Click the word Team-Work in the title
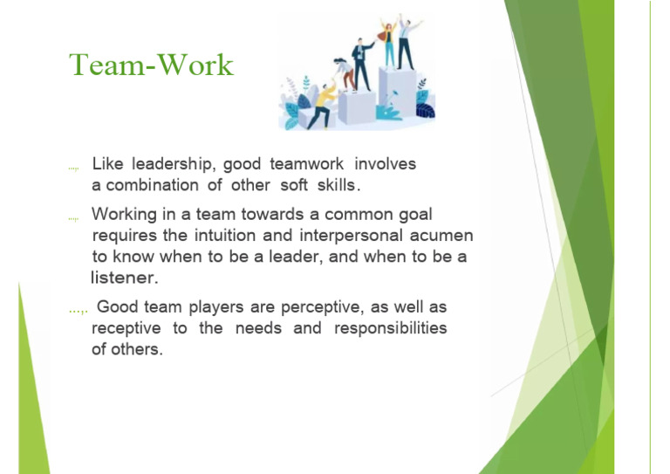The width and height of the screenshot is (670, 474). pyautogui.click(x=151, y=65)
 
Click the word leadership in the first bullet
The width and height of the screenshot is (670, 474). pyautogui.click(x=171, y=164)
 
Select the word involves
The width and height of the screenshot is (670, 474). pyautogui.click(x=385, y=164)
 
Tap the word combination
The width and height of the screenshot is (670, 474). pyautogui.click(x=152, y=185)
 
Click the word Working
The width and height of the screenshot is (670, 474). pyautogui.click(x=124, y=215)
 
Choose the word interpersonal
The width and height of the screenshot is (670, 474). pyautogui.click(x=351, y=236)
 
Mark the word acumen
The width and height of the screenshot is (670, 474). pyautogui.click(x=441, y=236)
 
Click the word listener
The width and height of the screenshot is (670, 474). pyautogui.click(x=125, y=278)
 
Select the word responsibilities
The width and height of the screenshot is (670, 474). pyautogui.click(x=391, y=328)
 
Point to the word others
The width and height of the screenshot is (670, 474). pyautogui.click(x=137, y=349)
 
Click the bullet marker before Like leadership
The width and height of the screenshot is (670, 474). pyautogui.click(x=73, y=168)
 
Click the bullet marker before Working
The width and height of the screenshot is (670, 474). pyautogui.click(x=73, y=219)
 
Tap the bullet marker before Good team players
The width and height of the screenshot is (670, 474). pyautogui.click(x=79, y=310)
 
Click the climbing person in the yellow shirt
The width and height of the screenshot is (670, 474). pyautogui.click(x=322, y=105)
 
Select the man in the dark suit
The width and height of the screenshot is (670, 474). pyautogui.click(x=361, y=64)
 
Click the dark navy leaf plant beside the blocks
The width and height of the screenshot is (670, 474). pyautogui.click(x=426, y=111)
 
